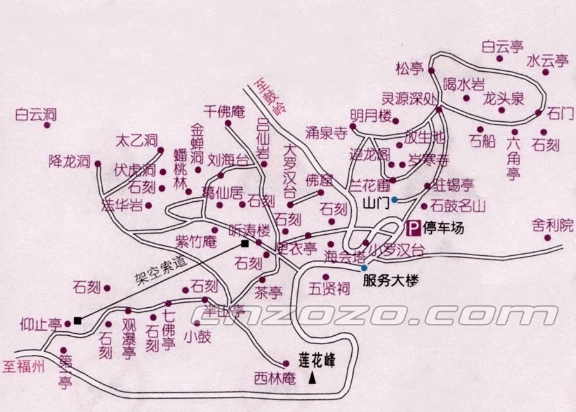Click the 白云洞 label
point(36,115)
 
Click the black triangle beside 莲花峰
point(312,379)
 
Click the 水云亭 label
point(548,61)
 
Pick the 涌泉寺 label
point(327,133)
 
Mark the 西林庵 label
point(275,379)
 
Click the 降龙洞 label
point(70,161)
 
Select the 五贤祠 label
point(330,289)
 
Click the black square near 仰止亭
point(77,320)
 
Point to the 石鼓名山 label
point(457,206)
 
